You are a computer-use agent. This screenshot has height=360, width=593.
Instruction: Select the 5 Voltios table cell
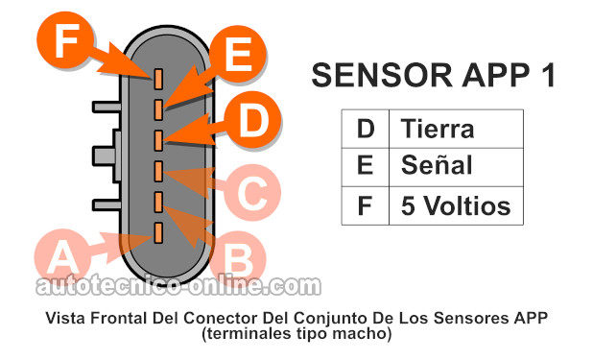point(455,205)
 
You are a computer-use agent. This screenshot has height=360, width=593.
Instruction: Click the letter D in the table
point(365,129)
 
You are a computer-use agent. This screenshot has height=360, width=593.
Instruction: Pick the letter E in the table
point(365,166)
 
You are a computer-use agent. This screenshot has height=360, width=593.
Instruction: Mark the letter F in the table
point(365,205)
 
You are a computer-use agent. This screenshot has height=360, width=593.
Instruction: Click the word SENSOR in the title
point(368,76)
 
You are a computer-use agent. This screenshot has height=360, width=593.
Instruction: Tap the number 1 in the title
point(546,76)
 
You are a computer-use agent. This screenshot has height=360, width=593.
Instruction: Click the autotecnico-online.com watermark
point(178,286)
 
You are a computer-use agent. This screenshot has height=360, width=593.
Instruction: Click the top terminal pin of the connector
point(157,77)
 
